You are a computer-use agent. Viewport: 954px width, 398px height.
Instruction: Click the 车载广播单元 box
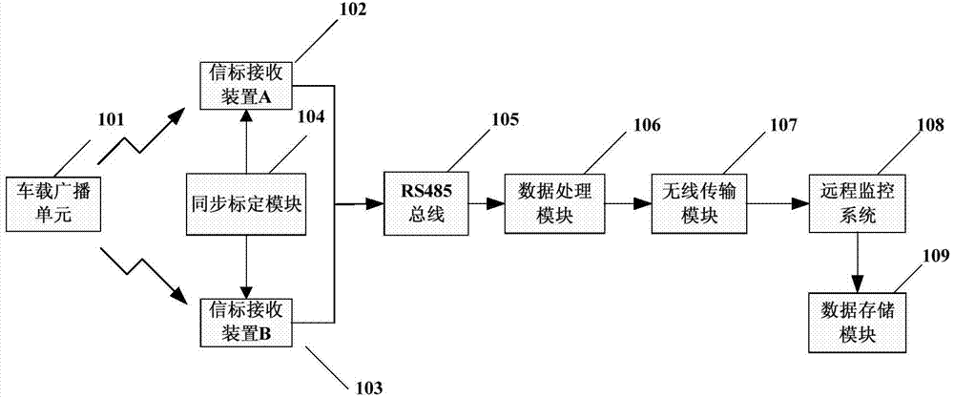pyautogui.click(x=52, y=204)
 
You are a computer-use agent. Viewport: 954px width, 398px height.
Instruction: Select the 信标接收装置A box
pyautogui.click(x=246, y=84)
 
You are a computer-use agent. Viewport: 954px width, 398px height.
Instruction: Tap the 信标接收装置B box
pyautogui.click(x=246, y=324)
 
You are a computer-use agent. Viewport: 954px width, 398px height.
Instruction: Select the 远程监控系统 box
pyautogui.click(x=855, y=204)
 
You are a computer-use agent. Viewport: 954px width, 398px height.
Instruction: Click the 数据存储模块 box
pyautogui.click(x=855, y=323)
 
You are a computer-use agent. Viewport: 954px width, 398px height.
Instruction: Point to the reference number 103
pyautogui.click(x=367, y=387)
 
